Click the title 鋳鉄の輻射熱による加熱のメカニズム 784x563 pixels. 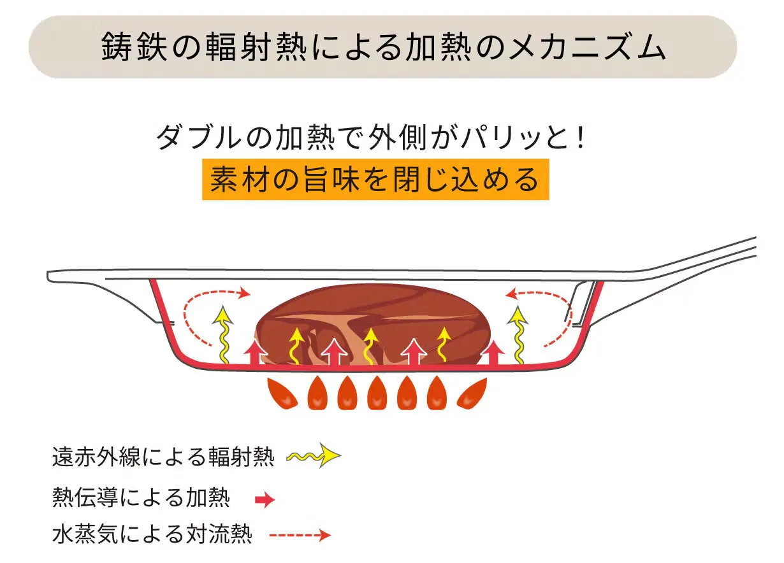point(382,47)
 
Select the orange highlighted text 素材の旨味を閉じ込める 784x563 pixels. point(375,180)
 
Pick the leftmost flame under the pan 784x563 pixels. point(282,394)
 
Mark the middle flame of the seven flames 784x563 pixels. point(377,395)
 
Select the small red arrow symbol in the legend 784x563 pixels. point(265,500)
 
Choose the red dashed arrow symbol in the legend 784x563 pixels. point(300,535)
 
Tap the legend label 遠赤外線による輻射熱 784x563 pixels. point(163,457)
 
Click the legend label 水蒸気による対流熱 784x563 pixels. point(152,534)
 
